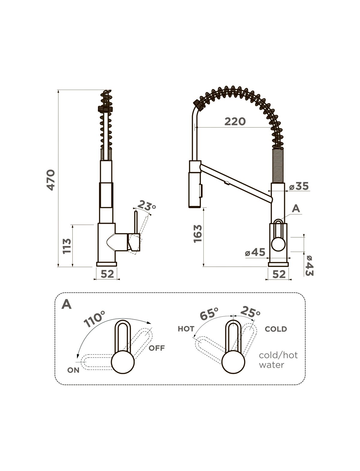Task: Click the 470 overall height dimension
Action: coord(51,180)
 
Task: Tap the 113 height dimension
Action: coord(67,246)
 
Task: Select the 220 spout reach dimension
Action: coord(235,121)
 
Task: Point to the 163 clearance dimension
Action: coord(198,234)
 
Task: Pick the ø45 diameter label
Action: coord(255,252)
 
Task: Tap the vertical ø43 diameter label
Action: coord(309,265)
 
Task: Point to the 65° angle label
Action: coord(209,313)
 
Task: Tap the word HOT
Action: coord(186,329)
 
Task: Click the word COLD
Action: coord(276,329)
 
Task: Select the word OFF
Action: coord(157,348)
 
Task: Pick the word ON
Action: coord(73,370)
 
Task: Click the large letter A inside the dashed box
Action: coord(66,304)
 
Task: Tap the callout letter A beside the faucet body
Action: coord(296,208)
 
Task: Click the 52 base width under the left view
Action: coord(107,274)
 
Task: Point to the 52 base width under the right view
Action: coord(279,274)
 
